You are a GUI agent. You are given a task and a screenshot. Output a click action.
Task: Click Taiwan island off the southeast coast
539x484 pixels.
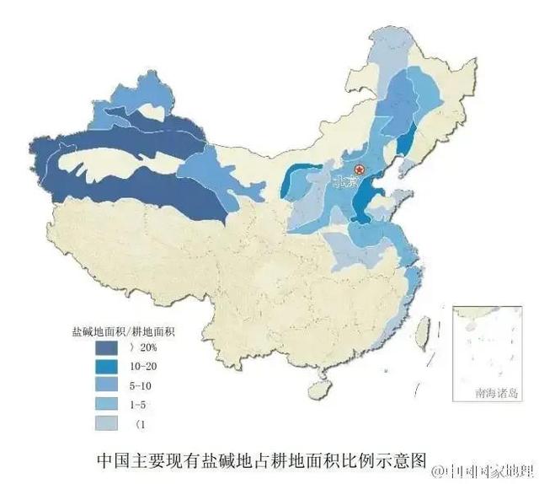[424, 325]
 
